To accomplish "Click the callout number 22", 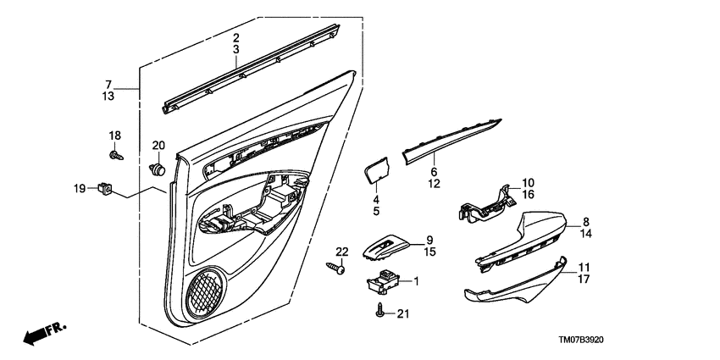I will (x=341, y=252).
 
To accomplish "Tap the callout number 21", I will (x=402, y=315).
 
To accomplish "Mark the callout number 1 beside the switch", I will (x=415, y=280).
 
